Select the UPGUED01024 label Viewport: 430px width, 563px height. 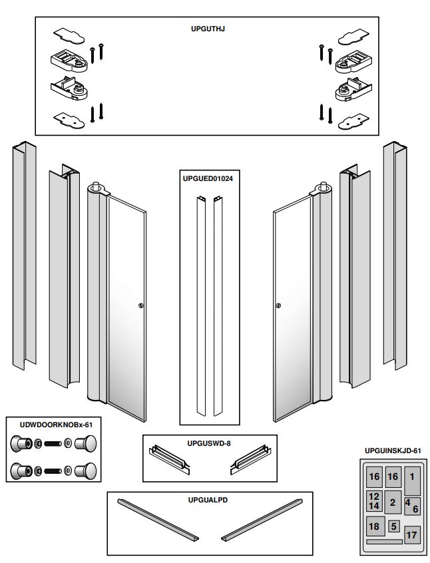tap(208, 179)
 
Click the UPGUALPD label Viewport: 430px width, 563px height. tap(210, 498)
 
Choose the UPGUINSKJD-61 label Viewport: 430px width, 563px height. tap(393, 451)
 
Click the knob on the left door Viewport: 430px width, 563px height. tap(140, 305)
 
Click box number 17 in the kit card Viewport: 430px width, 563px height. tap(412, 534)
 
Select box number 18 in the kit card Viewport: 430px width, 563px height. tap(374, 526)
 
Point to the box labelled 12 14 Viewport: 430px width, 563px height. tap(374, 501)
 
